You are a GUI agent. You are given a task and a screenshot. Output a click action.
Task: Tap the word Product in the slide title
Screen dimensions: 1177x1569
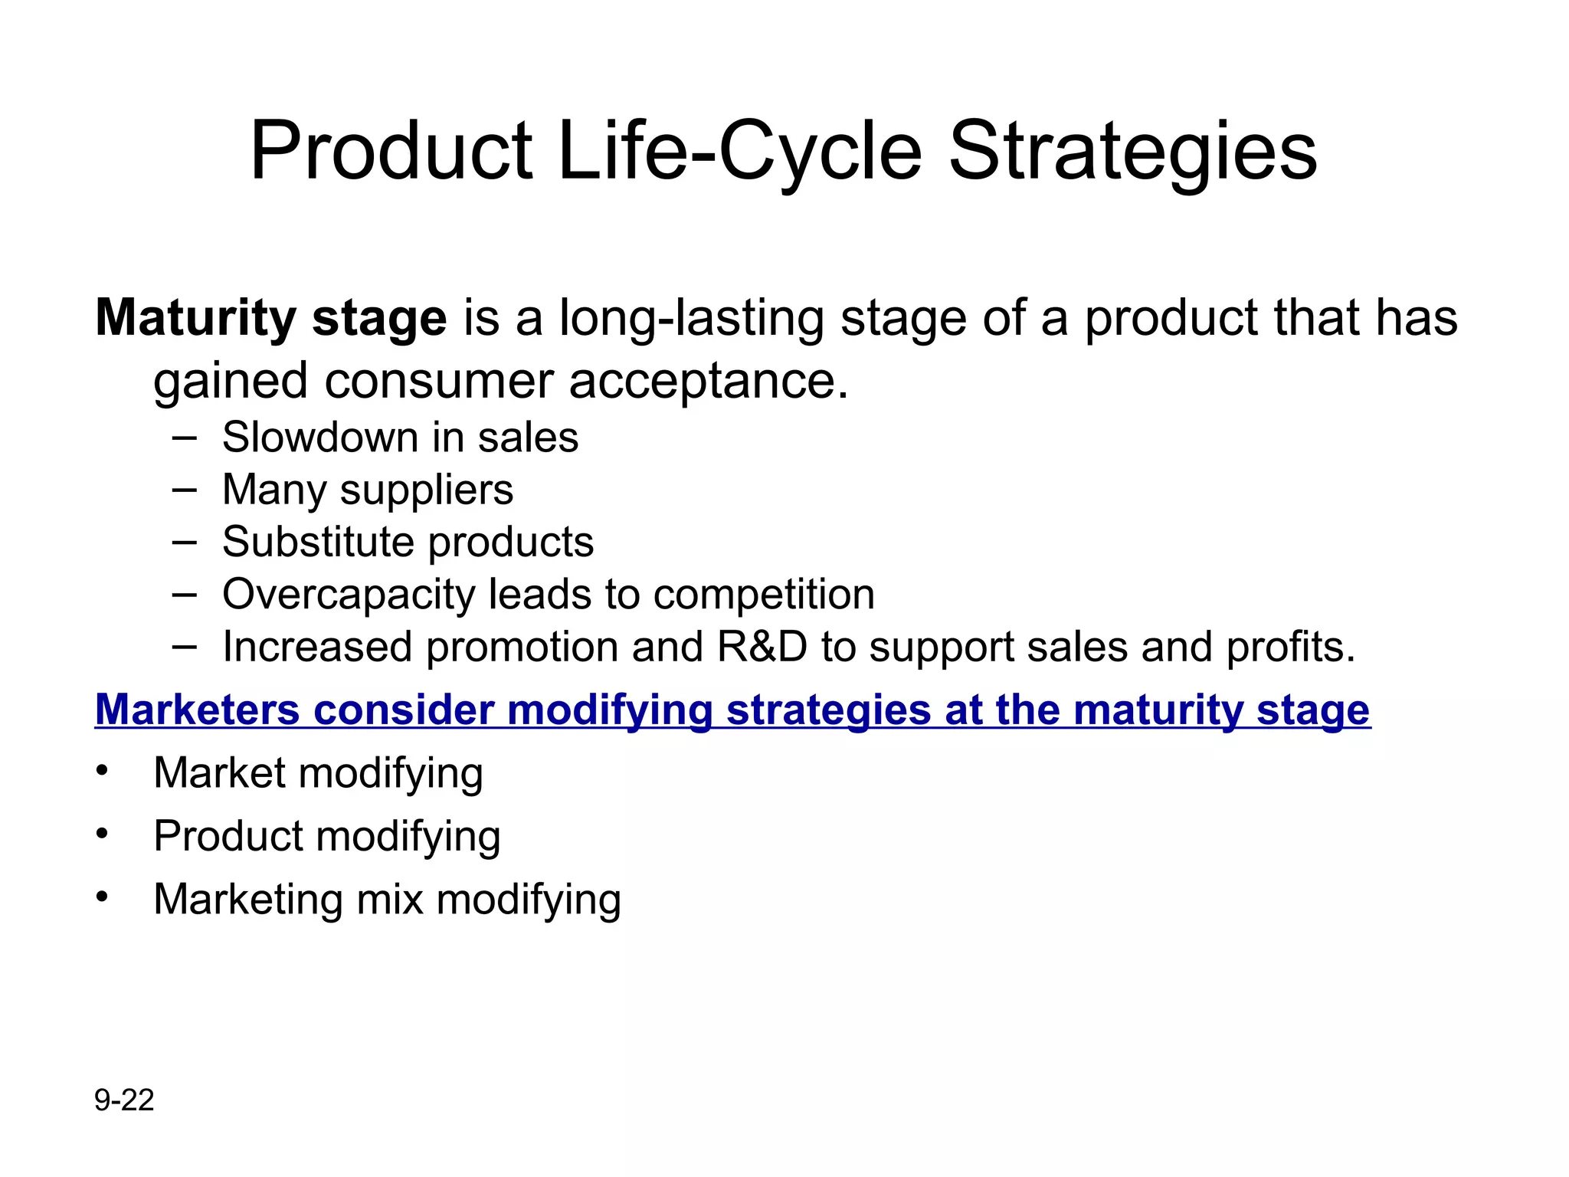pyautogui.click(x=391, y=151)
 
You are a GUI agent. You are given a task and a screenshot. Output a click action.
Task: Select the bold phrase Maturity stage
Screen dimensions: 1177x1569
pyautogui.click(x=270, y=318)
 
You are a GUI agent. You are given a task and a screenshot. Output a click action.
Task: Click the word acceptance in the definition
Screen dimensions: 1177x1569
pyautogui.click(x=708, y=381)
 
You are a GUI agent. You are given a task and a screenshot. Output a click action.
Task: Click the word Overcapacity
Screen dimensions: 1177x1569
pyautogui.click(x=348, y=595)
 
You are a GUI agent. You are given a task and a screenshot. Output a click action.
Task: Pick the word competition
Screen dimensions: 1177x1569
pyautogui.click(x=764, y=595)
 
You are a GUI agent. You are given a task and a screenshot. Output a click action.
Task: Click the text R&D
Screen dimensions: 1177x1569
pyautogui.click(x=762, y=647)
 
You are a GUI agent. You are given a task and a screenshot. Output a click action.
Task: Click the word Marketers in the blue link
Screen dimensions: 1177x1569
pyautogui.click(x=197, y=710)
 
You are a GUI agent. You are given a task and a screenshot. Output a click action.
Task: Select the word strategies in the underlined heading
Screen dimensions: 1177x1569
pyautogui.click(x=828, y=710)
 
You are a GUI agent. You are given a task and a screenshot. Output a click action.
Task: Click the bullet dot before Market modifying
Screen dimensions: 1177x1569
pyautogui.click(x=103, y=769)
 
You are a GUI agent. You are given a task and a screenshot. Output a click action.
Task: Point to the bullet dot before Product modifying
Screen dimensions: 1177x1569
pyautogui.click(x=103, y=832)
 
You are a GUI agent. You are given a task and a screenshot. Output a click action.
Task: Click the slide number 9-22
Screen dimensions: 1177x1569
pyautogui.click(x=124, y=1100)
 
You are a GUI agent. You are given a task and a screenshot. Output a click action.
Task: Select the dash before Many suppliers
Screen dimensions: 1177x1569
pyautogui.click(x=185, y=489)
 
